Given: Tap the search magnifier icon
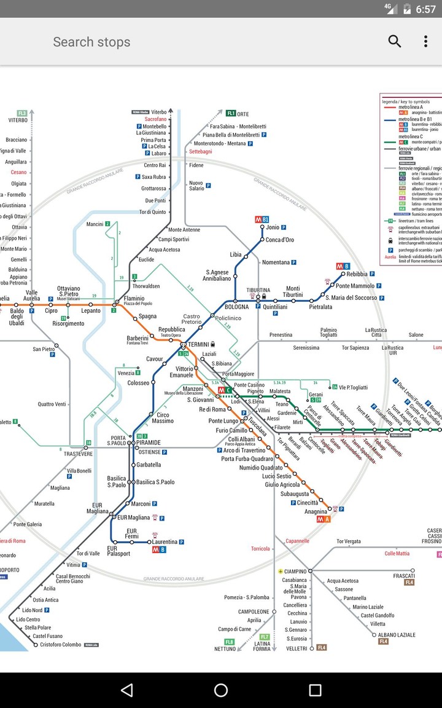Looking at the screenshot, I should (x=395, y=41).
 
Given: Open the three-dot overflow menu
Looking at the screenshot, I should (x=425, y=41).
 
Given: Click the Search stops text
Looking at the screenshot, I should (x=91, y=42).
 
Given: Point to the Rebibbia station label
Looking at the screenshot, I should (x=357, y=274).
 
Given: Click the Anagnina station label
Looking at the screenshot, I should (x=316, y=511).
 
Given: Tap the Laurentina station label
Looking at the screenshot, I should (x=165, y=541).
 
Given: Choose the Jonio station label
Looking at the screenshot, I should (x=273, y=227).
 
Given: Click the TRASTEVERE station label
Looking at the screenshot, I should (x=78, y=454).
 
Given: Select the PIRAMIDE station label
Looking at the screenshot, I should (x=149, y=442).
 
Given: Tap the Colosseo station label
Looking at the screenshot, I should (x=138, y=383).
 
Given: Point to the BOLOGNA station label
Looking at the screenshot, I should (x=236, y=307).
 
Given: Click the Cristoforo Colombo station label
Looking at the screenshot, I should (x=61, y=645).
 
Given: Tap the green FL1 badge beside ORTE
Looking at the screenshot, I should (x=231, y=114).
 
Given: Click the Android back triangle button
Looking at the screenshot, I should (x=126, y=690).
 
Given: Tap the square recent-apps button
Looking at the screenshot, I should (x=315, y=690).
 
